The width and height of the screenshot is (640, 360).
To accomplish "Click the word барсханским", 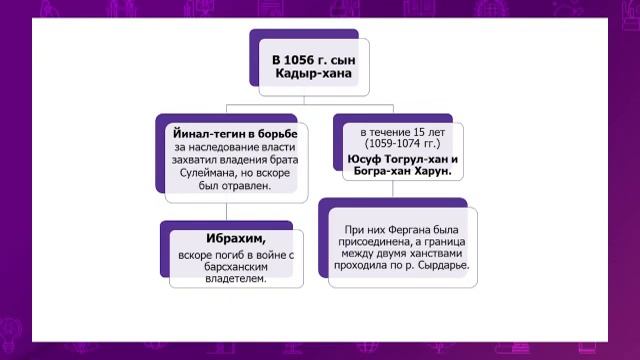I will pos(227,267).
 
